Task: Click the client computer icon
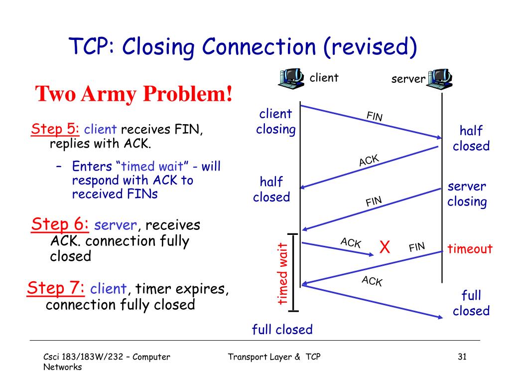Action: point(291,78)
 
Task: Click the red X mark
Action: point(384,247)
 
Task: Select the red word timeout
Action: point(470,249)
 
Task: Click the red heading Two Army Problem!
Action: point(134,93)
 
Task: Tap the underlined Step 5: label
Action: point(55,129)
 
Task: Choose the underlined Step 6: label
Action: point(60,224)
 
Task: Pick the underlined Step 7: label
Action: point(56,288)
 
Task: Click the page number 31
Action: point(462,357)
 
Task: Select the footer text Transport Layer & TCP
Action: point(274,357)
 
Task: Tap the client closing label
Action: point(275,122)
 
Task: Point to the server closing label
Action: point(467,194)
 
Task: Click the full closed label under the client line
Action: point(282,329)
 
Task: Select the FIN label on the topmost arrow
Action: point(375,117)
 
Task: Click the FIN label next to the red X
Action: point(417,246)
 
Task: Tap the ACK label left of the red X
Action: point(351,243)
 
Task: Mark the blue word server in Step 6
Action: point(116,225)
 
